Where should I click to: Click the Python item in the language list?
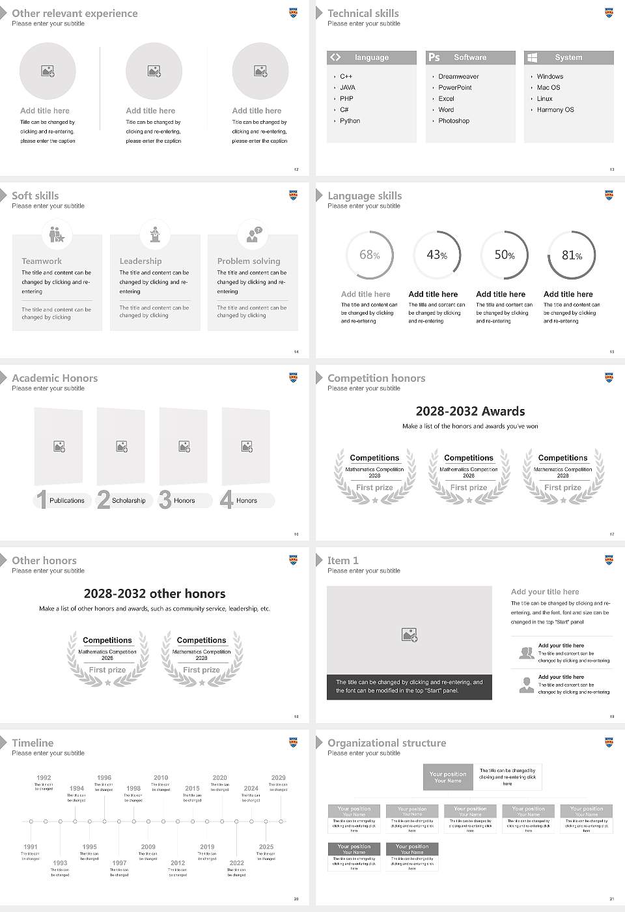point(350,121)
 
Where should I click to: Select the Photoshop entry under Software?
point(454,121)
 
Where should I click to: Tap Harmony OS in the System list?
point(555,110)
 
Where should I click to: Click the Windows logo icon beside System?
point(532,57)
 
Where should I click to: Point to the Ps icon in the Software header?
point(434,57)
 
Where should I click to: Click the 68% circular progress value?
point(370,255)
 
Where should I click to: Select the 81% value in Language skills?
point(572,255)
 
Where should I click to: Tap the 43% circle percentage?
point(437,255)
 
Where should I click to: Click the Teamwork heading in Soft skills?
point(42,261)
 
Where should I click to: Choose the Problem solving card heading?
point(249,261)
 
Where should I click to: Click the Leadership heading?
point(141,261)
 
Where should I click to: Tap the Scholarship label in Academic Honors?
point(128,501)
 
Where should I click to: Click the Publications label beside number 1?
point(67,501)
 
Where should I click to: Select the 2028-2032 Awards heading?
point(470,411)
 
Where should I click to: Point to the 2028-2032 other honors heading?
point(154,593)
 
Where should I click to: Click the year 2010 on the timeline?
point(161,778)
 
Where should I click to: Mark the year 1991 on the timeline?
point(31,848)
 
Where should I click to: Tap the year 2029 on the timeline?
point(278,778)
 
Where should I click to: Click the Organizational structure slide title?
point(387,743)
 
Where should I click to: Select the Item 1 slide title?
point(342,561)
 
